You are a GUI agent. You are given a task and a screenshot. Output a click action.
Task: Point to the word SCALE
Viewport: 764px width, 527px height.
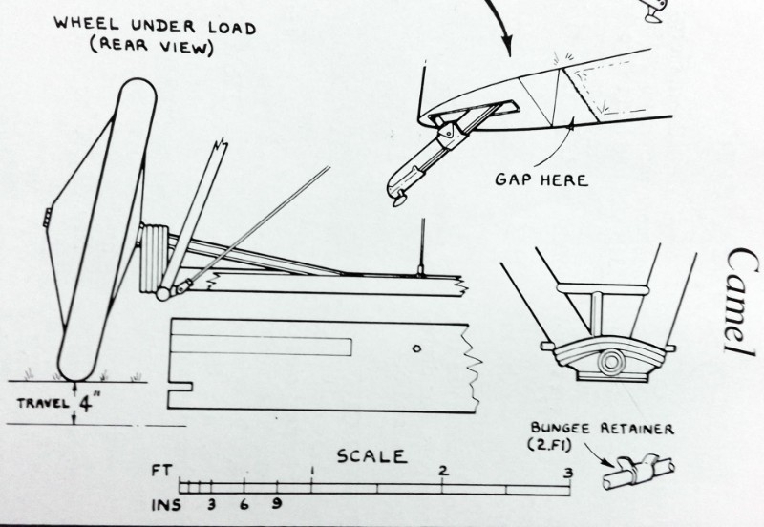[x=371, y=456]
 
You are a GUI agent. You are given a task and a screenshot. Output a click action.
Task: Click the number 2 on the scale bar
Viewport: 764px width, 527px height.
[x=443, y=471]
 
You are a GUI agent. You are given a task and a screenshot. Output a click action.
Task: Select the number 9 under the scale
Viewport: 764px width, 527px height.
[x=276, y=503]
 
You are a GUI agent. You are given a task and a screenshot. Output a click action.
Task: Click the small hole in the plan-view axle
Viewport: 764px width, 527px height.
[x=416, y=349]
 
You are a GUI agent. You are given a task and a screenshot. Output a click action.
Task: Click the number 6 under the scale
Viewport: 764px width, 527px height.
[x=244, y=503]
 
